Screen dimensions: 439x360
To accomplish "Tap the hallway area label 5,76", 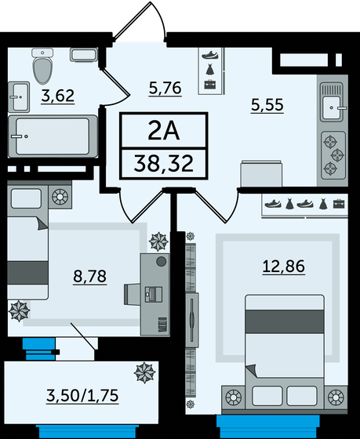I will (x=165, y=88).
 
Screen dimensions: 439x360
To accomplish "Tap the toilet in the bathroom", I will (x=42, y=66).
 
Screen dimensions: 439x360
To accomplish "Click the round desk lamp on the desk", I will (x=160, y=261).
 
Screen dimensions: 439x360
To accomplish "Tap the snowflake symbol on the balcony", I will (x=145, y=371).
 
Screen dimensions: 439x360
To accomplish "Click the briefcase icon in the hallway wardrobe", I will (x=209, y=82).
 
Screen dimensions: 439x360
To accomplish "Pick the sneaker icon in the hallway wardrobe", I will (x=209, y=55).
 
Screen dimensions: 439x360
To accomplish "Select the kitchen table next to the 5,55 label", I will (x=258, y=173).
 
